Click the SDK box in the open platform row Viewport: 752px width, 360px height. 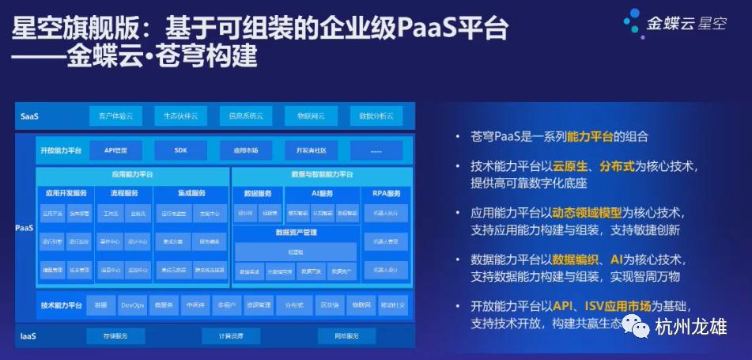pos(180,150)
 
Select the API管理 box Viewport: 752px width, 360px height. pos(116,150)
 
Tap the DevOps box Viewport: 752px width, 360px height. pos(131,304)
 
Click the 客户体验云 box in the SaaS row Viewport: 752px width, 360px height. pos(115,116)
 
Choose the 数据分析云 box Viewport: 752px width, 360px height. pos(376,116)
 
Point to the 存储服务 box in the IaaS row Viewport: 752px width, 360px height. pos(115,336)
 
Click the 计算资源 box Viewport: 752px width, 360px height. pos(231,336)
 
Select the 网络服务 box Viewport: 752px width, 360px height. pos(346,336)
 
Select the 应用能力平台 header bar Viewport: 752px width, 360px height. pos(133,173)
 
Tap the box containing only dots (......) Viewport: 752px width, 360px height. pos(376,150)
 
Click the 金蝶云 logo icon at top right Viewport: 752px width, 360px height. pos(633,22)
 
